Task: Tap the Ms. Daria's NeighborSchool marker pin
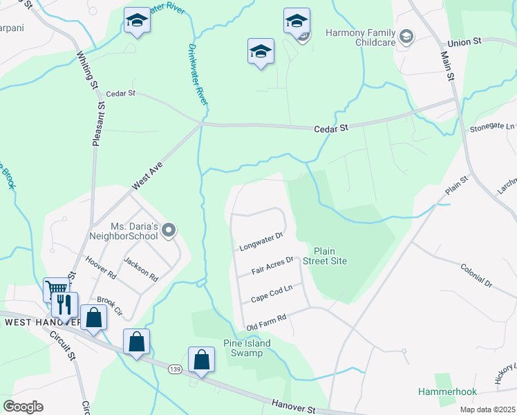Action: pos(169,231)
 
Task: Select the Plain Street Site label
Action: pos(330,256)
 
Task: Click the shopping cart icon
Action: pos(56,288)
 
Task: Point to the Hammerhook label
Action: pos(447,391)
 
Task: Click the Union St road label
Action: pos(464,43)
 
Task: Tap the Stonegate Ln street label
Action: pos(492,127)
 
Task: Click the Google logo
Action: pos(23,407)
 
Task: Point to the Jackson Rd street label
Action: pos(141,269)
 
